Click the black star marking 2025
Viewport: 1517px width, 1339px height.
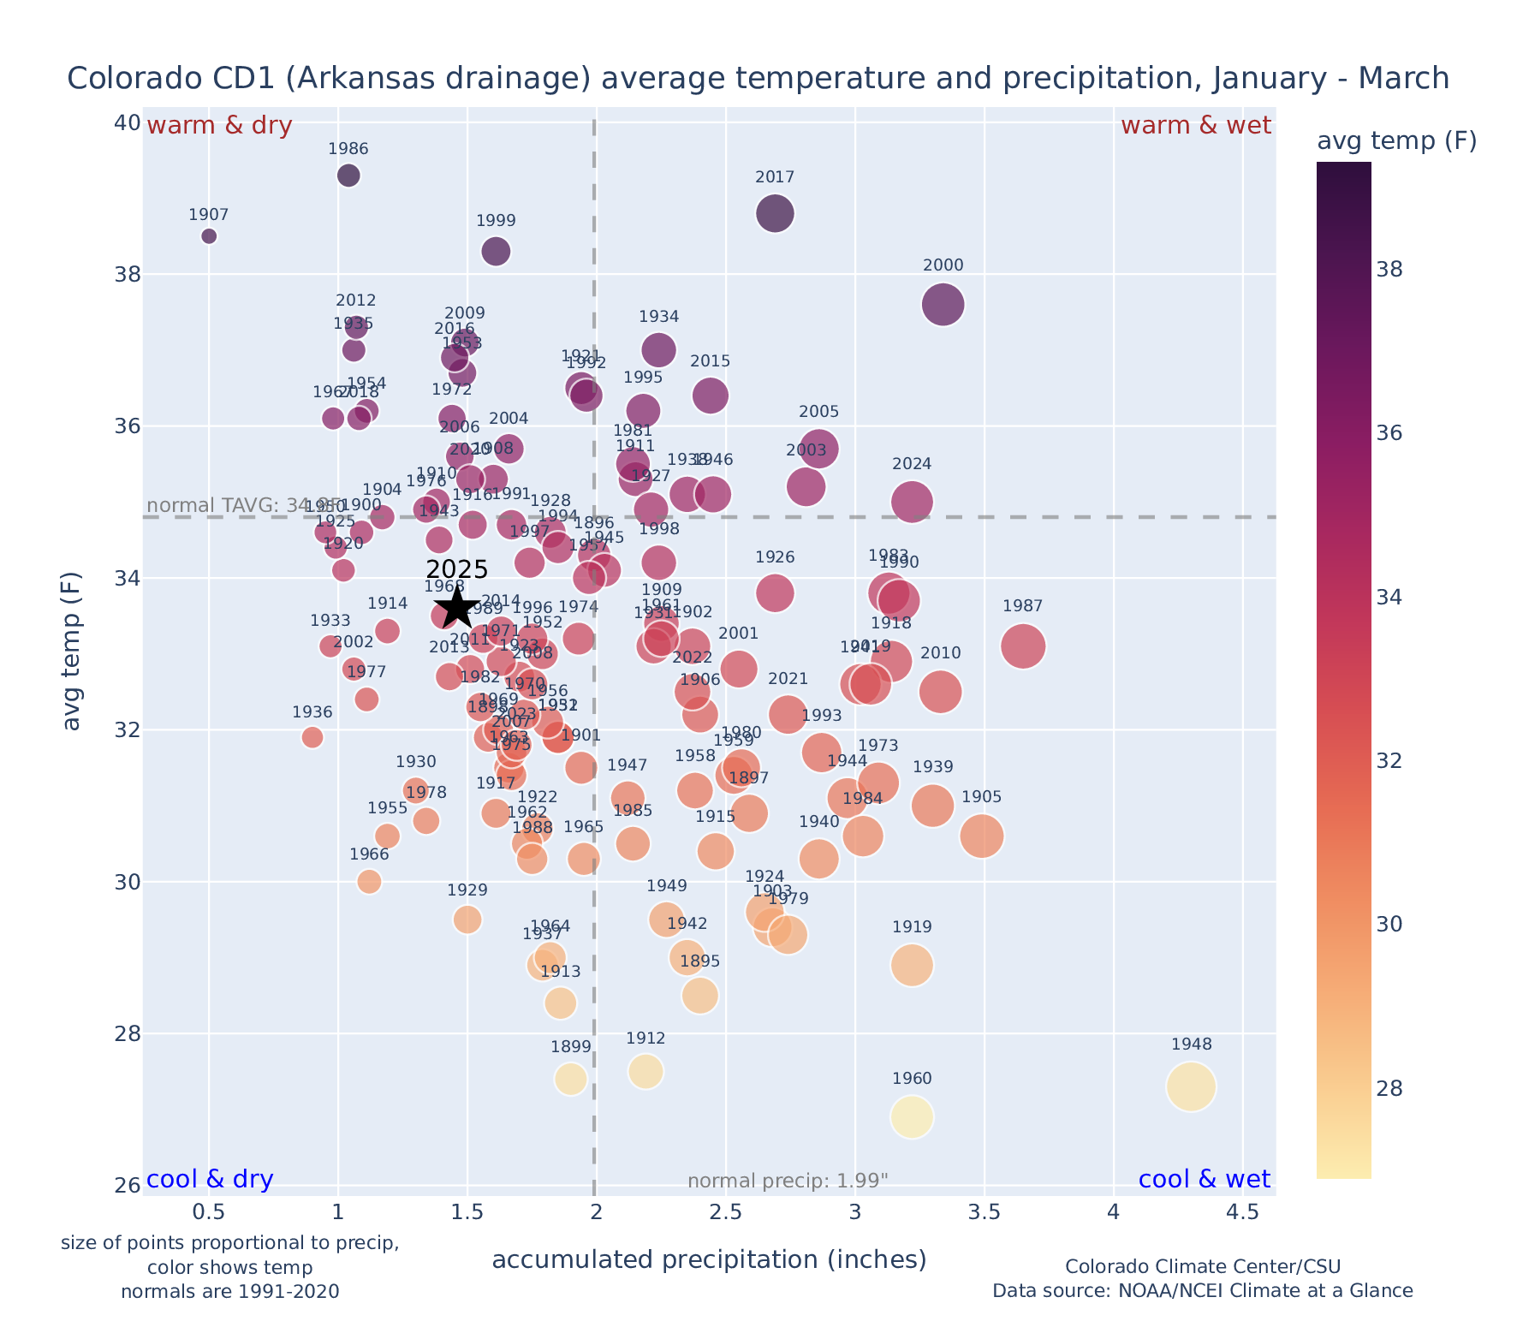tap(456, 607)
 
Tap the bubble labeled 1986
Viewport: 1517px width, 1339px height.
tap(348, 176)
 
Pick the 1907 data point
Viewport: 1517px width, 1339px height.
tap(209, 236)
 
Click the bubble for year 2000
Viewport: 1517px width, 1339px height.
tap(943, 305)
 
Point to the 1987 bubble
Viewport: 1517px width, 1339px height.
tap(1023, 646)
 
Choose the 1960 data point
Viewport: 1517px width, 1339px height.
tap(912, 1117)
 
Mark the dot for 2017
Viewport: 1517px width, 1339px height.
tap(776, 213)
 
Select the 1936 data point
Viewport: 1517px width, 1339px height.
tap(312, 737)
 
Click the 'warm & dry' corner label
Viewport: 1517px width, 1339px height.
tap(220, 126)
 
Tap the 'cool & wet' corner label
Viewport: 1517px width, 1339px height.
tap(1205, 1180)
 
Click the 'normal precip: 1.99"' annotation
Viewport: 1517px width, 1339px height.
tap(788, 1181)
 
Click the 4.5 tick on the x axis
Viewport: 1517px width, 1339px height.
tap(1242, 1212)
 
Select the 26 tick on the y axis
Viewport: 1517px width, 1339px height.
tap(128, 1186)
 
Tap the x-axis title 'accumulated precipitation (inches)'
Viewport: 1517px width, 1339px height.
tap(709, 1259)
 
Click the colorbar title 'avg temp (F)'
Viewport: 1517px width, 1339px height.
tap(1396, 141)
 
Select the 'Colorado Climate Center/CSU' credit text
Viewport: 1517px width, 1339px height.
tap(1203, 1266)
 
